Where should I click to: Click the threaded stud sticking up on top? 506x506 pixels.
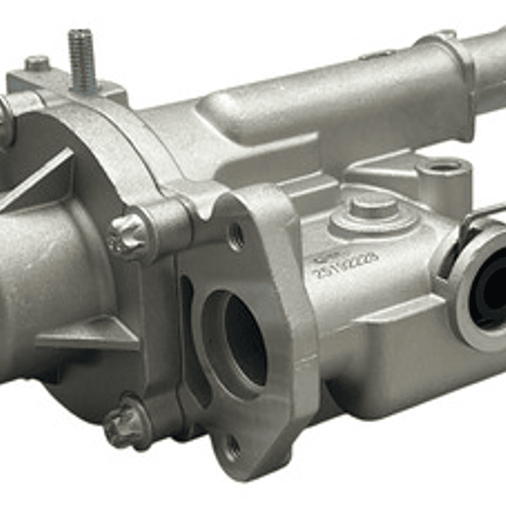[82, 56]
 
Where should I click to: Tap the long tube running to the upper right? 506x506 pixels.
[338, 106]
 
